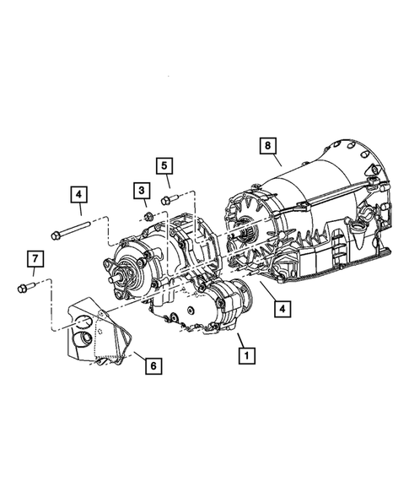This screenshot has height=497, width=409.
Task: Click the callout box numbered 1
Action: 245,357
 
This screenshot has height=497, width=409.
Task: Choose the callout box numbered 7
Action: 34,257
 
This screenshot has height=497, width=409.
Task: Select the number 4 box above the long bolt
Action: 78,195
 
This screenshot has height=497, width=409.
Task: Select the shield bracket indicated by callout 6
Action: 93,333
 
